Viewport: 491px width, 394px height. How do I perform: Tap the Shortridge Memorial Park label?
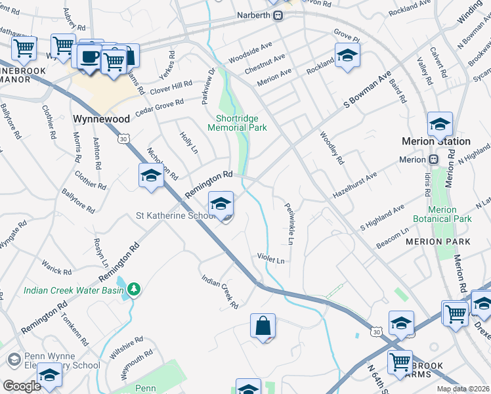(237, 123)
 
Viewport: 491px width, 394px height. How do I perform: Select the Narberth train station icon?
(278, 15)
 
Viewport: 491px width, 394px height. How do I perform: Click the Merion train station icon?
(433, 160)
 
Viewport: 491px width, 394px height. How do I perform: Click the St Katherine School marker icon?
(221, 203)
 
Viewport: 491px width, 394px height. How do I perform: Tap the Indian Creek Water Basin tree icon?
(134, 288)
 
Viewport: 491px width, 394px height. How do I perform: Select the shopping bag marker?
(263, 326)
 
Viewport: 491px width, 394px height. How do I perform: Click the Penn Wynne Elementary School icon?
(14, 360)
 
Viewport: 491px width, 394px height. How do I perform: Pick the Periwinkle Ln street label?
(288, 223)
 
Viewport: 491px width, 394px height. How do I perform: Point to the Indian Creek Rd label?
(219, 292)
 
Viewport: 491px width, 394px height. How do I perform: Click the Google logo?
(22, 386)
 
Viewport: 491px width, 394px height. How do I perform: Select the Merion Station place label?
(436, 141)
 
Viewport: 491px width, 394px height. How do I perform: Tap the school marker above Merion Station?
(439, 124)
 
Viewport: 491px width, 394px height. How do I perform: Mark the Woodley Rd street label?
(331, 148)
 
